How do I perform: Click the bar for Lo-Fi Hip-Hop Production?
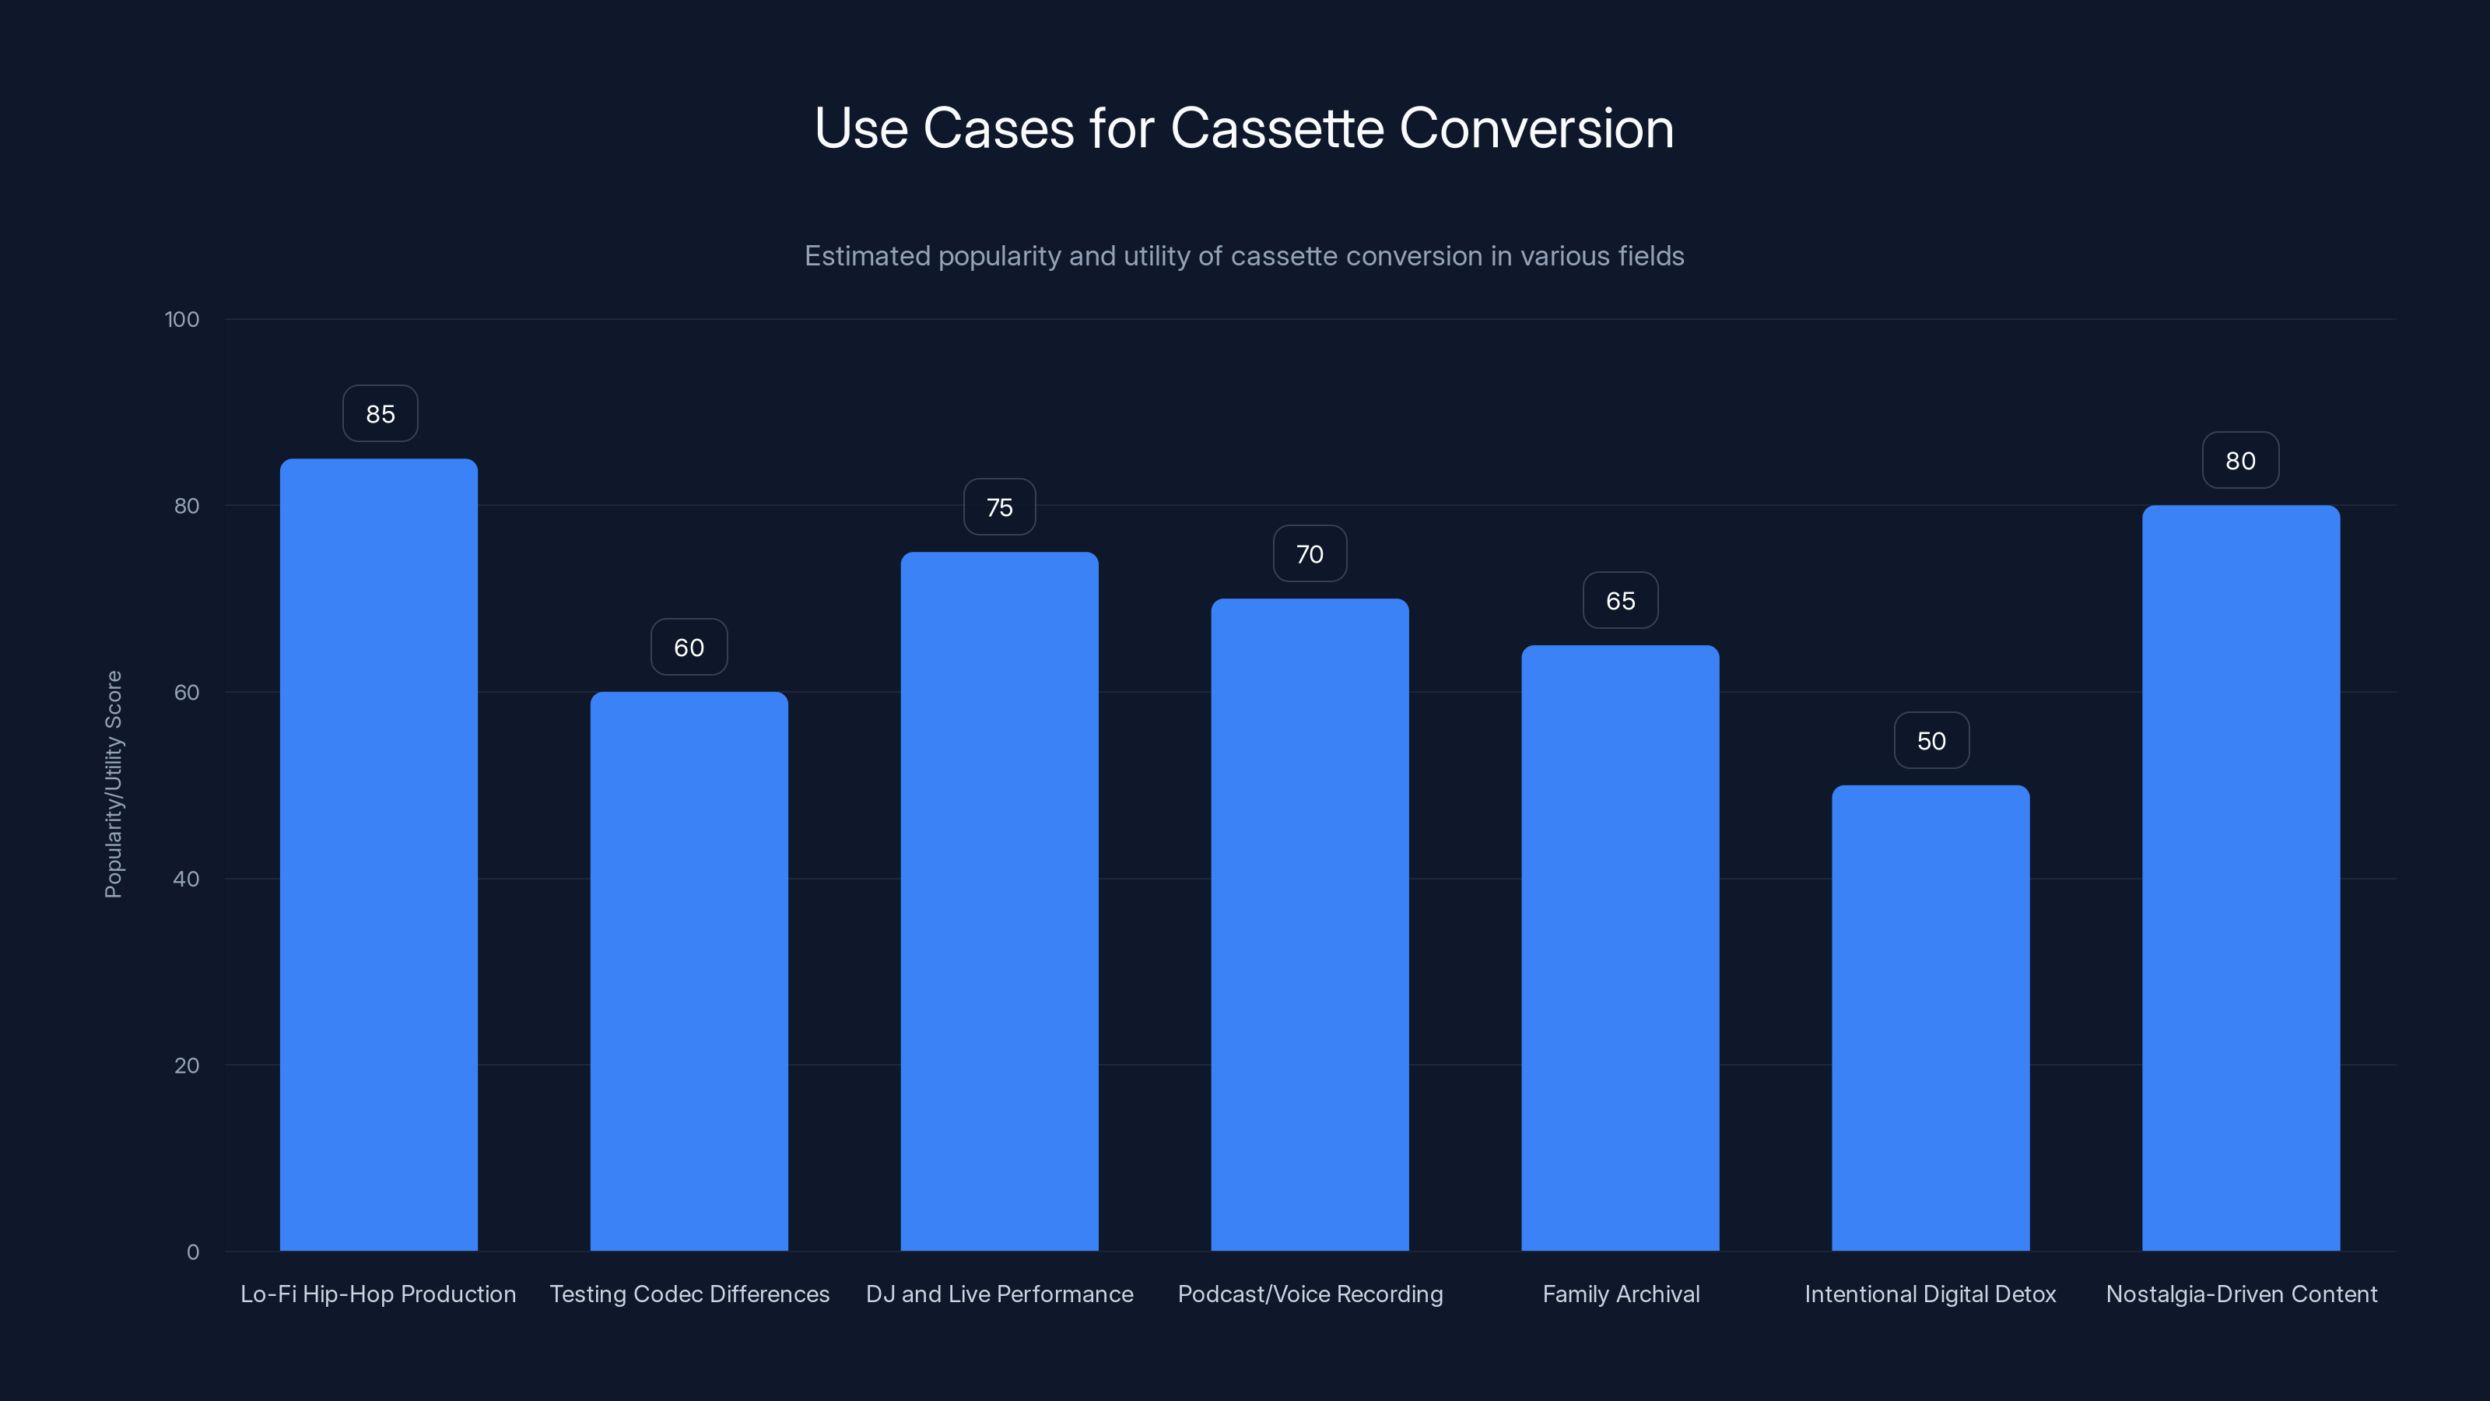(x=379, y=855)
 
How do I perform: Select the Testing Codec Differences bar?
(x=689, y=971)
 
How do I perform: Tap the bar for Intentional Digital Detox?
(x=1931, y=1018)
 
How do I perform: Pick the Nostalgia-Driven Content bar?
(x=2241, y=878)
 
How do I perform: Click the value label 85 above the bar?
(x=380, y=414)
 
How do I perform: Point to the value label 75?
(x=999, y=507)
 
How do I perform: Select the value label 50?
(x=1931, y=741)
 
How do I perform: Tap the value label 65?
(x=1620, y=600)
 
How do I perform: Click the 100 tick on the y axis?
(x=182, y=319)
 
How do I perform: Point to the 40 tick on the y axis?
(x=187, y=879)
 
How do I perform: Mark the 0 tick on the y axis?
(x=193, y=1252)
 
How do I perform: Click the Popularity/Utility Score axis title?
(x=113, y=784)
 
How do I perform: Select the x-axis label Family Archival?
(x=1621, y=1294)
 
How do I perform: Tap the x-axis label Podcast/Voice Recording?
(x=1310, y=1294)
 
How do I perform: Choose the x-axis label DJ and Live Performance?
(x=999, y=1294)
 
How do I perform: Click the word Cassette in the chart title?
(x=1277, y=128)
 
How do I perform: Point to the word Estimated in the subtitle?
(x=867, y=256)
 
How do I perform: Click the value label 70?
(x=1310, y=554)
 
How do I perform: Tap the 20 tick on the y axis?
(x=187, y=1066)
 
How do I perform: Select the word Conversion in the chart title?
(x=1536, y=128)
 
